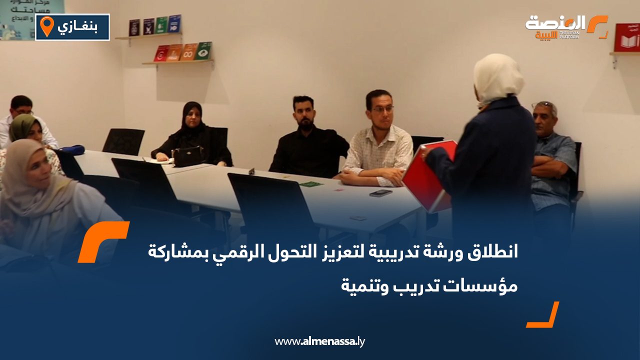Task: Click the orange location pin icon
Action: coord(46,26)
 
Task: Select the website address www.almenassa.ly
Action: coord(320,341)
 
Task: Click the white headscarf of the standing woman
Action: coord(497,77)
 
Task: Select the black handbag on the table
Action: coord(187,156)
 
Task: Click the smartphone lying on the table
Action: coord(380,193)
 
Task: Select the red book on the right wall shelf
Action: coord(626,37)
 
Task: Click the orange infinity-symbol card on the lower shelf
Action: coord(188,51)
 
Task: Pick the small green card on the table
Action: coord(310,184)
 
